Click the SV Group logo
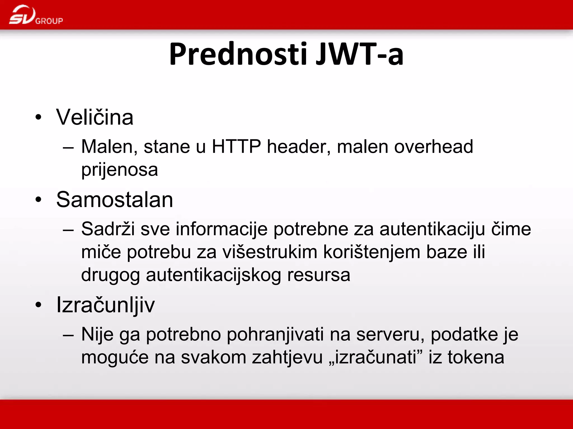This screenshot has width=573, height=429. coord(36,15)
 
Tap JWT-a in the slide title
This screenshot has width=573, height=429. coord(360,54)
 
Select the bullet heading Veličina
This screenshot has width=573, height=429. coord(95,117)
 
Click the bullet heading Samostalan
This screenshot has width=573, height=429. coord(115,200)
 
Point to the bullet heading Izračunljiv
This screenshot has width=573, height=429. coord(105,305)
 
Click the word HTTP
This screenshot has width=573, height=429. coord(236,146)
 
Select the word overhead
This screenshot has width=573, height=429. coord(433,146)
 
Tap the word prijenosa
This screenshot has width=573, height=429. coord(119,170)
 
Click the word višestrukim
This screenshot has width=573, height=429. coord(270,252)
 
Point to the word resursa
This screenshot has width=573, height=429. coord(319,275)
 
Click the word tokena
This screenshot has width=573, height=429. coord(476,357)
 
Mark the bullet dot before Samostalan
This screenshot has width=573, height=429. coord(38,200)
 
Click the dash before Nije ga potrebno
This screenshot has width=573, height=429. coord(68,335)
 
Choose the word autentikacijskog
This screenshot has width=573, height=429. coord(213,275)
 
